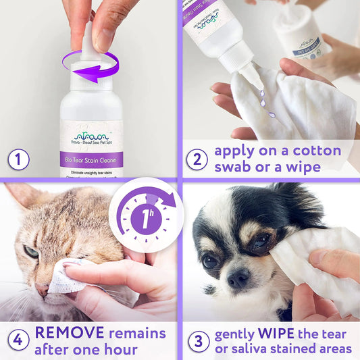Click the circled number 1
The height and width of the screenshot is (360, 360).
[19, 160]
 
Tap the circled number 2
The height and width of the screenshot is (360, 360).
[197, 160]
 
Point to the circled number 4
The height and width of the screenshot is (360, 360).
[18, 340]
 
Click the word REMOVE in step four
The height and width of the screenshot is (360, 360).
[68, 332]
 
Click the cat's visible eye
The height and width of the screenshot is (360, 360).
[32, 252]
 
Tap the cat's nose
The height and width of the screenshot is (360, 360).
[43, 289]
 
